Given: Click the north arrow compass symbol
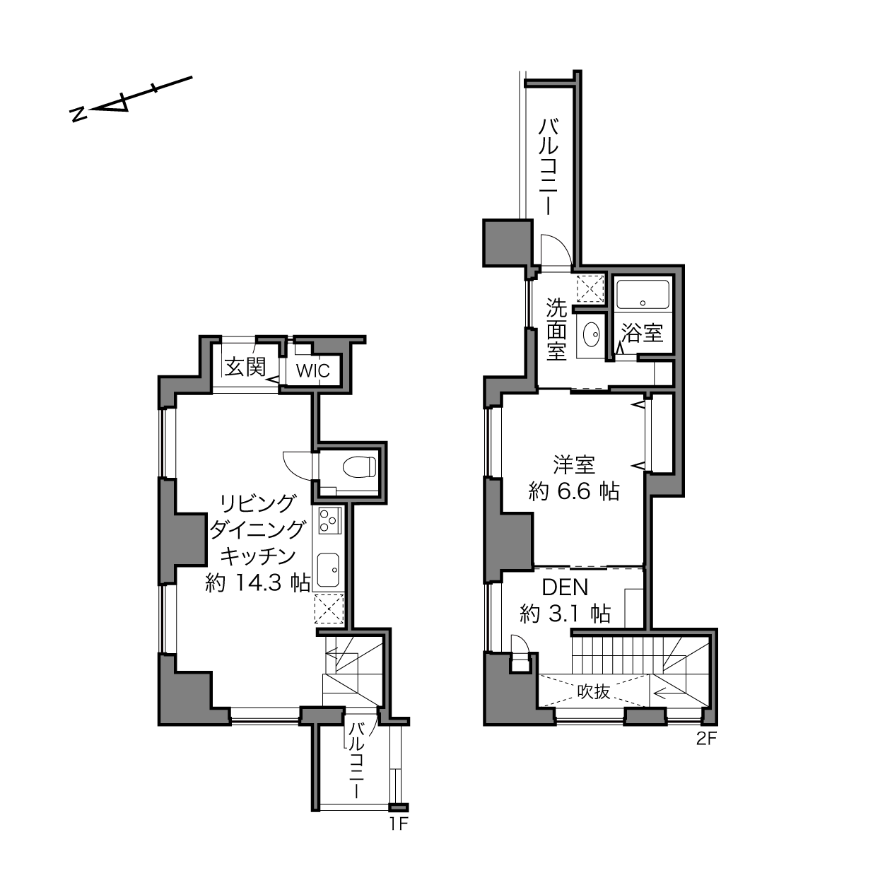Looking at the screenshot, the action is pyautogui.click(x=131, y=100).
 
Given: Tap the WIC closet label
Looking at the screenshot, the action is pyautogui.click(x=313, y=370).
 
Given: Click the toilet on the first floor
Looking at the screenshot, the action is pyautogui.click(x=360, y=467).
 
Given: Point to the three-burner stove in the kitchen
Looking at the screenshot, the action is pyautogui.click(x=329, y=521).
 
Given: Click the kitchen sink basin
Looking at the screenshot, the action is pyautogui.click(x=329, y=570).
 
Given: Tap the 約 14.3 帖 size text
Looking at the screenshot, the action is pyautogui.click(x=257, y=583).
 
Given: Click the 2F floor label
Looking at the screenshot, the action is pyautogui.click(x=706, y=739).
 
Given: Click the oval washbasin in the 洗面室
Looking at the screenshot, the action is pyautogui.click(x=592, y=334).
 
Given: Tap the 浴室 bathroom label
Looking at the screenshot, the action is pyautogui.click(x=642, y=333).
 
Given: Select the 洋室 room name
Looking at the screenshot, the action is pyautogui.click(x=574, y=465).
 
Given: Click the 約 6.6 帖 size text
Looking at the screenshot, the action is pyautogui.click(x=574, y=491).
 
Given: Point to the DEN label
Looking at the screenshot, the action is pyautogui.click(x=565, y=587).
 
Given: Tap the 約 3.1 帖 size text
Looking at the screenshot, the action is pyautogui.click(x=565, y=613).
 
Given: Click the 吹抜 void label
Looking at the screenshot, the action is pyautogui.click(x=593, y=691).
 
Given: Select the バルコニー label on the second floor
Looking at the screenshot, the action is pyautogui.click(x=549, y=166).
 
